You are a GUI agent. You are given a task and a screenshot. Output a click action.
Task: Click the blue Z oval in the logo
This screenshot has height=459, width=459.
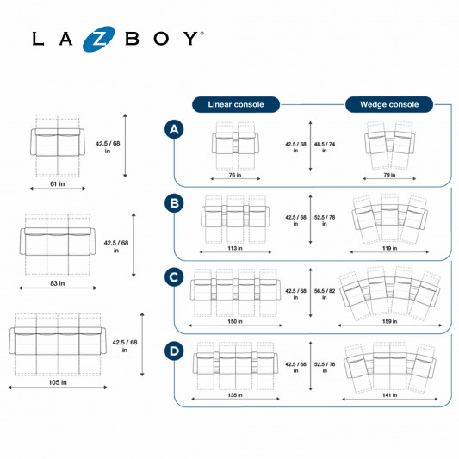98,39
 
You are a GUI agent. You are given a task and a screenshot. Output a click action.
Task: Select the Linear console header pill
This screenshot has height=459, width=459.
236,104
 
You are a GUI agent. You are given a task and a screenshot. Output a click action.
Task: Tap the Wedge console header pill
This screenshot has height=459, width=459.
389,104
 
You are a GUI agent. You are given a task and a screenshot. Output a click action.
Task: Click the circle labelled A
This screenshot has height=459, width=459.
174,129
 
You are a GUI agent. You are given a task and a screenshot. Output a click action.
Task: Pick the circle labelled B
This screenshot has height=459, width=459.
174,203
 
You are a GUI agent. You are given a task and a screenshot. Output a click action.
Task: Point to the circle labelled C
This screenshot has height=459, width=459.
174,277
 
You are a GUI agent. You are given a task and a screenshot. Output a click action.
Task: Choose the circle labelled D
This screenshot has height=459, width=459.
174,351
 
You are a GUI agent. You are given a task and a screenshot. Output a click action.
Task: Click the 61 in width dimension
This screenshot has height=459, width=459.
58,184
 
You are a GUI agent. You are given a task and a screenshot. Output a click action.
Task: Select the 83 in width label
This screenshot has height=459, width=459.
58,283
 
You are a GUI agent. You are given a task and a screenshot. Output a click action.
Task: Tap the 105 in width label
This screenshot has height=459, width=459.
58,382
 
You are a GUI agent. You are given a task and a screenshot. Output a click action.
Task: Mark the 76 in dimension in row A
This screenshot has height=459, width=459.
235,175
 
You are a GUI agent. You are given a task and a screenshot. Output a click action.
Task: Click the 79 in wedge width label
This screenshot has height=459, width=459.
389,175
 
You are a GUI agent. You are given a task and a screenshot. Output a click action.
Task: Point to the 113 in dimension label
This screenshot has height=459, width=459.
235,248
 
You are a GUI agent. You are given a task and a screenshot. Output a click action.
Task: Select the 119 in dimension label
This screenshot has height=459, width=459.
389,248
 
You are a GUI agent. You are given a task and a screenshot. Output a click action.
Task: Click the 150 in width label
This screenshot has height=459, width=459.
235,322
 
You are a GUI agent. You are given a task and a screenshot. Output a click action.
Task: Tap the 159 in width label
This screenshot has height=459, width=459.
389,322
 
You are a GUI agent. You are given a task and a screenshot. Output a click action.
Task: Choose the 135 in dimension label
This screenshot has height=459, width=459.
235,395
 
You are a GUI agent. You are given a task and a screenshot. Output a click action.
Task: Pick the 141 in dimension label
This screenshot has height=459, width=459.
389,395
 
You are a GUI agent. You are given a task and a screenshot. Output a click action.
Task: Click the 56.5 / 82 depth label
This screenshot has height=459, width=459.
325,294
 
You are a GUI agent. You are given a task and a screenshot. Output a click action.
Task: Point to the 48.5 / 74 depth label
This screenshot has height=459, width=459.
325,147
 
